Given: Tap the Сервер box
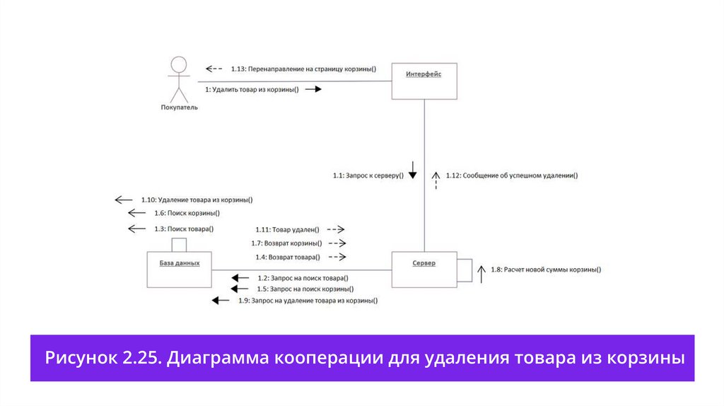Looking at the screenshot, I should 424,269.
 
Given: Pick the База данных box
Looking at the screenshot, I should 179,269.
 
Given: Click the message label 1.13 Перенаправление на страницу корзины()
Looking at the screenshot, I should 303,69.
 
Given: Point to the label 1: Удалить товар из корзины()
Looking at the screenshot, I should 252,90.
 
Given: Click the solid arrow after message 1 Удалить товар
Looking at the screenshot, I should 313,90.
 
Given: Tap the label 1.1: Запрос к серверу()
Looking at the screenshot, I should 368,175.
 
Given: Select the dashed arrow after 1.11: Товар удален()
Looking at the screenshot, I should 335,230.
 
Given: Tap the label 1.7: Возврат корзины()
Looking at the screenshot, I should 288,243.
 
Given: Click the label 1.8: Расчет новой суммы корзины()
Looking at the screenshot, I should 546,269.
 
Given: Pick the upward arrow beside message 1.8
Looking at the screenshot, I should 481,273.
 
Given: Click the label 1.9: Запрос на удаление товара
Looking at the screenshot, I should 308,301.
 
